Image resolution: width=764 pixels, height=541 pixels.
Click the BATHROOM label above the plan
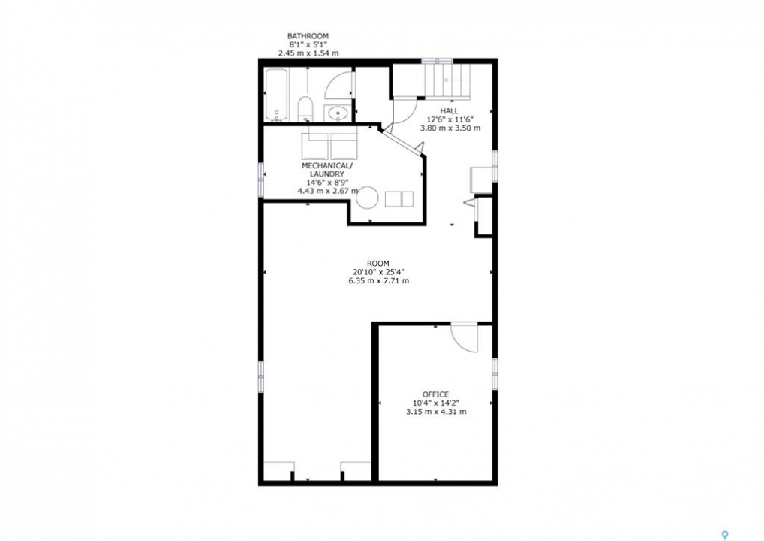(x=308, y=35)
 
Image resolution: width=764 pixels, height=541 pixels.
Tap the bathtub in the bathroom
(x=277, y=95)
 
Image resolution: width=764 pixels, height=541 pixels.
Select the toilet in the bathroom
(x=305, y=109)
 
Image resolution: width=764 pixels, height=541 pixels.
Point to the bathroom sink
(x=337, y=113)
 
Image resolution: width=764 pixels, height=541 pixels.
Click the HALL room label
(x=449, y=110)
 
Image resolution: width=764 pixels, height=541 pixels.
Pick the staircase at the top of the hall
(x=447, y=80)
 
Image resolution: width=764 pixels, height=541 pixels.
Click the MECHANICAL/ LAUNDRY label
(x=326, y=169)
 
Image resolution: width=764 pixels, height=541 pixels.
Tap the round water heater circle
(x=368, y=198)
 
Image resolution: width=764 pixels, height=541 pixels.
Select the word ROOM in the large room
(x=378, y=264)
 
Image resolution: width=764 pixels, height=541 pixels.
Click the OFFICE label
(x=435, y=394)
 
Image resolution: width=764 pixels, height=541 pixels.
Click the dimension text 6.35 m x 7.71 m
(x=378, y=281)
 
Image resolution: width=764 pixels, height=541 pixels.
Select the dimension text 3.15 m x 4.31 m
(x=436, y=412)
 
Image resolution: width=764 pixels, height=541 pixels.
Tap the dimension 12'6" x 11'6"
(x=450, y=119)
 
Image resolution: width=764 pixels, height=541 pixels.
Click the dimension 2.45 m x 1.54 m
(x=308, y=53)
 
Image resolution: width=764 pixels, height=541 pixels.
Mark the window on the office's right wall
(x=495, y=373)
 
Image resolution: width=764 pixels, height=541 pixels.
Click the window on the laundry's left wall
(x=261, y=179)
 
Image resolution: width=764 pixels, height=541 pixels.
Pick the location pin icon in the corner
(x=726, y=535)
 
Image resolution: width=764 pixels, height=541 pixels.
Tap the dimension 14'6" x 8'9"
(x=327, y=183)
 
